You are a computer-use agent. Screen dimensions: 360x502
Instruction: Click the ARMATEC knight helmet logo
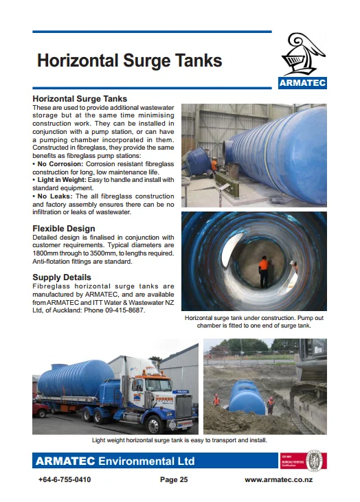click(x=302, y=55)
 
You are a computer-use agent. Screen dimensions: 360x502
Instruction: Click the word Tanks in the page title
click(x=192, y=60)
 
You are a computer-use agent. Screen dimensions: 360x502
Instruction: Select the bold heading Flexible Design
click(x=64, y=229)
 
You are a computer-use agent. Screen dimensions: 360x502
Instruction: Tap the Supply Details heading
click(x=62, y=277)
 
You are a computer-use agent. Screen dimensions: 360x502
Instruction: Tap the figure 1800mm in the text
click(x=47, y=253)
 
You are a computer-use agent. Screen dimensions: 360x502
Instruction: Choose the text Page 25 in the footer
click(x=174, y=480)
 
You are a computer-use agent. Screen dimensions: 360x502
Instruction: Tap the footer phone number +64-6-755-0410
click(x=66, y=480)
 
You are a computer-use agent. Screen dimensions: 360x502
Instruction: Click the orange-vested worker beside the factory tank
click(x=214, y=166)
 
